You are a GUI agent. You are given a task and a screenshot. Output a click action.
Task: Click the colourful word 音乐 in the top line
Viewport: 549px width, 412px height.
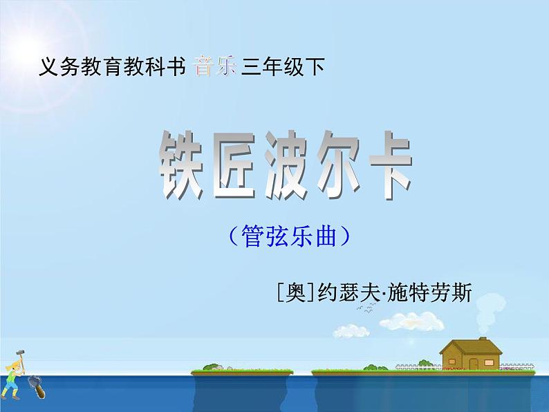click(x=216, y=67)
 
